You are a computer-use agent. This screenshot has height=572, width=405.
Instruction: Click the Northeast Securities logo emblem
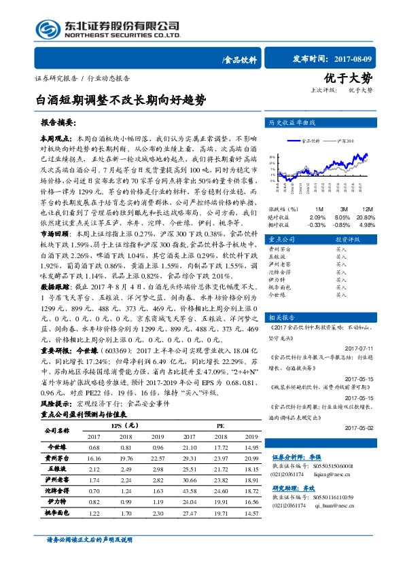point(48,29)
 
